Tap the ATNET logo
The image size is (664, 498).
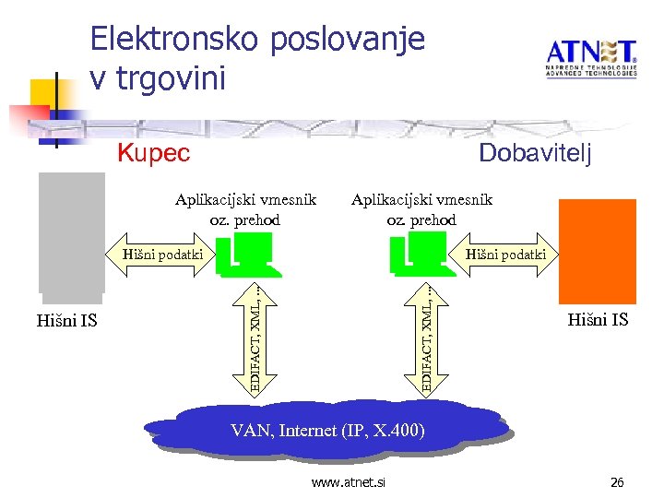(x=590, y=57)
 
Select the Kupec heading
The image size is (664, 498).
(x=154, y=152)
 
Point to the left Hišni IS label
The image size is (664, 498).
(x=66, y=321)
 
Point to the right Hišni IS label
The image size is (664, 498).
(x=598, y=320)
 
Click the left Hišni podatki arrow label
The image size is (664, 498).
(x=161, y=254)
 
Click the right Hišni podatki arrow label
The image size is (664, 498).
(x=505, y=254)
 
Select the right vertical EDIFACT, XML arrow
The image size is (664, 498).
(x=428, y=337)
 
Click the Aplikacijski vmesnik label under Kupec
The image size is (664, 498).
(x=246, y=209)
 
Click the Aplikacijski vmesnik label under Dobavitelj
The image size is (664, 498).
(x=421, y=209)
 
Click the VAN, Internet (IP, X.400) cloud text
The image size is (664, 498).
(x=327, y=430)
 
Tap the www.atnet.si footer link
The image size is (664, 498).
(x=349, y=482)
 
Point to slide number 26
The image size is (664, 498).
(x=617, y=481)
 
